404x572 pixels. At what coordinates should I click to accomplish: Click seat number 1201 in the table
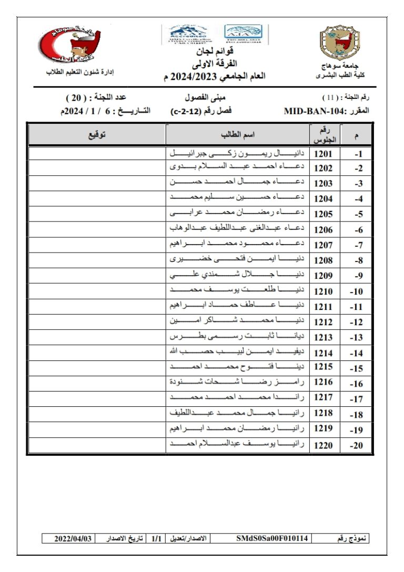(324, 154)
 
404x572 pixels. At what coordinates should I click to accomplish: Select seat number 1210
(324, 291)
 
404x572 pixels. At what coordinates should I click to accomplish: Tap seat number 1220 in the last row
(324, 445)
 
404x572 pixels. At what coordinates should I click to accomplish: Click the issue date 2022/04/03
(74, 539)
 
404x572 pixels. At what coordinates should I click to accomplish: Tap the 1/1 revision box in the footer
(156, 539)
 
